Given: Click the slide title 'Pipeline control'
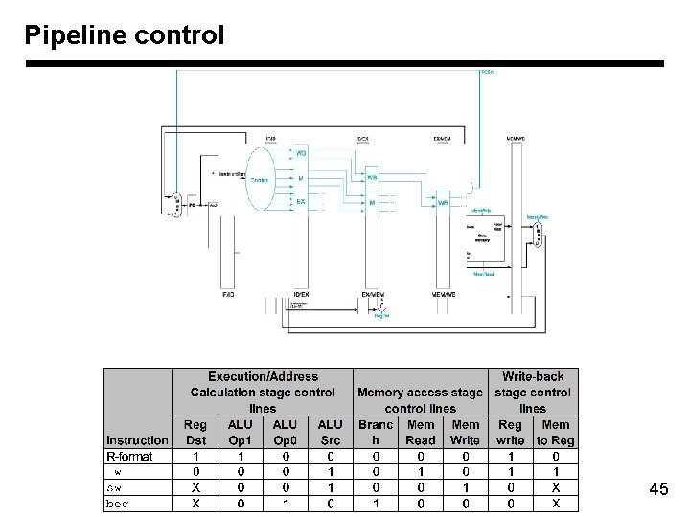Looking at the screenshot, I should pyautogui.click(x=125, y=35).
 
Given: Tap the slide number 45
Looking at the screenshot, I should pyautogui.click(x=658, y=489).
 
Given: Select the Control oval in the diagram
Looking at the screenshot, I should pyautogui.click(x=260, y=179).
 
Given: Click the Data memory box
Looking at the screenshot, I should pyautogui.click(x=483, y=234).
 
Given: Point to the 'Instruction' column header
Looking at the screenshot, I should pyautogui.click(x=137, y=440).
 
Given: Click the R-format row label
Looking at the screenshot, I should pyautogui.click(x=129, y=457).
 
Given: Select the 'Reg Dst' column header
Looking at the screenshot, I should pyautogui.click(x=195, y=433).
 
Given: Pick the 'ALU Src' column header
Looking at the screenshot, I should pyautogui.click(x=330, y=433).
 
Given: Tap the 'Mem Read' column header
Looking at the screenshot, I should pyautogui.click(x=421, y=433).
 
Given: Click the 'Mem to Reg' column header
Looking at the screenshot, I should pyautogui.click(x=556, y=433).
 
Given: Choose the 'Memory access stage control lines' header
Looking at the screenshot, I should pyautogui.click(x=420, y=400).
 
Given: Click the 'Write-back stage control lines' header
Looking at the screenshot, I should pyautogui.click(x=533, y=393).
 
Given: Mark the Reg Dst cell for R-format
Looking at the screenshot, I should pyautogui.click(x=195, y=457).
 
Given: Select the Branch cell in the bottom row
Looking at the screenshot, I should pyautogui.click(x=376, y=503).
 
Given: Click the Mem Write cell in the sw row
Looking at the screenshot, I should pyautogui.click(x=466, y=487).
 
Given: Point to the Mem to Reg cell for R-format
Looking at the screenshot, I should pyautogui.click(x=556, y=457).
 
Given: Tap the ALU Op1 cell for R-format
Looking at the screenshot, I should pyautogui.click(x=240, y=457).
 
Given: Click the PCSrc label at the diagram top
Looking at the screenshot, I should pyautogui.click(x=486, y=72).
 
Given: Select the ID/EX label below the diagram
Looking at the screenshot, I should pyautogui.click(x=300, y=295).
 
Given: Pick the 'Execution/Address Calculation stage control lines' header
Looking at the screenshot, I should pyautogui.click(x=263, y=393).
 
